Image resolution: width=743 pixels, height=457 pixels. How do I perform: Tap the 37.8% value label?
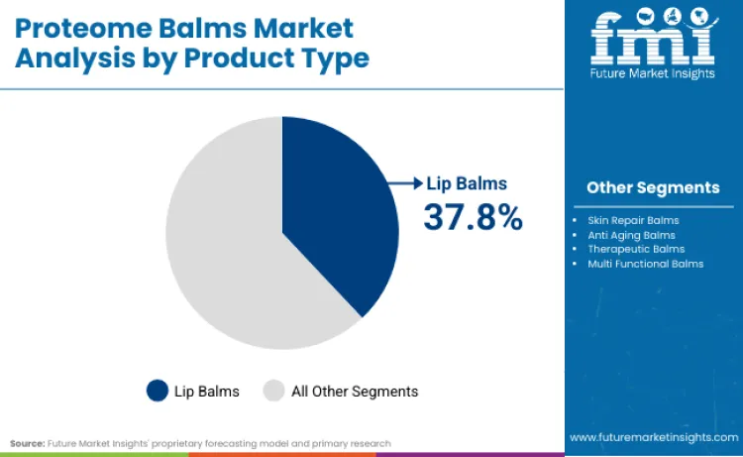coord(473,216)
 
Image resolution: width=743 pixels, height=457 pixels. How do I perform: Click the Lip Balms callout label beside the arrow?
coord(467,183)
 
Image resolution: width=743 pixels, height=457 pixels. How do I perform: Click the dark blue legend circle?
coord(158,391)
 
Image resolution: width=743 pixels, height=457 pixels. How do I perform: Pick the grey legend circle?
coord(273,391)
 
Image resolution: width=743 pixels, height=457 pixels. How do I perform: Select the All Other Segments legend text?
coord(355,391)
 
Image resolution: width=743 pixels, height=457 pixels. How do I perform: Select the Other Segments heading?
coord(653,187)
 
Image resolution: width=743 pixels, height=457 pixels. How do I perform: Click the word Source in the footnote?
coord(27,443)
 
